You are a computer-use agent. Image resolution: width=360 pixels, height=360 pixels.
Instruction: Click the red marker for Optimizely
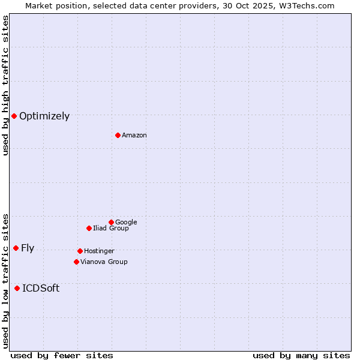pos(14,116)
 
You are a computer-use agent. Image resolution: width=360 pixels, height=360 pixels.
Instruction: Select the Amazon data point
pos(118,135)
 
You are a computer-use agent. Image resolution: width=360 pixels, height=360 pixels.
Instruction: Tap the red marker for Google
pos(111,222)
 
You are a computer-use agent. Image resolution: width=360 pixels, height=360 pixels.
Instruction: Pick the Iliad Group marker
pos(89,228)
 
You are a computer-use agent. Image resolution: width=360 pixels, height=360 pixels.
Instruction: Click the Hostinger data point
pos(80,251)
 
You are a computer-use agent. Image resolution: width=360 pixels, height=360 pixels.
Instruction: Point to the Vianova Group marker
pos(76,262)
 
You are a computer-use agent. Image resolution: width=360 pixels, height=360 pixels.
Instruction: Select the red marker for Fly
pos(16,248)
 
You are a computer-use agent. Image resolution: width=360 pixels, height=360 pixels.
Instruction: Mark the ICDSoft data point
pos(17,288)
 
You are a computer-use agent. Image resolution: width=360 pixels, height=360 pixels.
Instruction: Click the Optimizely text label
pos(44,116)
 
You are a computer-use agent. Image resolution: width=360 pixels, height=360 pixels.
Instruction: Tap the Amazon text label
pos(134,136)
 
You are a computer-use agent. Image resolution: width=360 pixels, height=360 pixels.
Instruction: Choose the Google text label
pos(126,223)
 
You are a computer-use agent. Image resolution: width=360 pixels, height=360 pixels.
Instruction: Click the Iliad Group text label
pos(111,229)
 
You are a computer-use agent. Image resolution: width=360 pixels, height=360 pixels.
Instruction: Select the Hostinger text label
pos(99,251)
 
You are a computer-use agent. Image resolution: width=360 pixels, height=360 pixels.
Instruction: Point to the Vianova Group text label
pos(104,262)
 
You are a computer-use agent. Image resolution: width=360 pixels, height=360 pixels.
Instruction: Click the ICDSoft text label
pos(41,289)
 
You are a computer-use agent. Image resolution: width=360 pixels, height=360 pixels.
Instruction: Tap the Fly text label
pos(28,248)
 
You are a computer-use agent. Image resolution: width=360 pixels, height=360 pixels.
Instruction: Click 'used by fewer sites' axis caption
pos(62,355)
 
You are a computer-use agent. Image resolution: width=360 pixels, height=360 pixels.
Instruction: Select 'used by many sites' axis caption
pos(301,355)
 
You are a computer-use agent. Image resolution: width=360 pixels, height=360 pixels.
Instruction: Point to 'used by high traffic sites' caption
pos(5,85)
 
